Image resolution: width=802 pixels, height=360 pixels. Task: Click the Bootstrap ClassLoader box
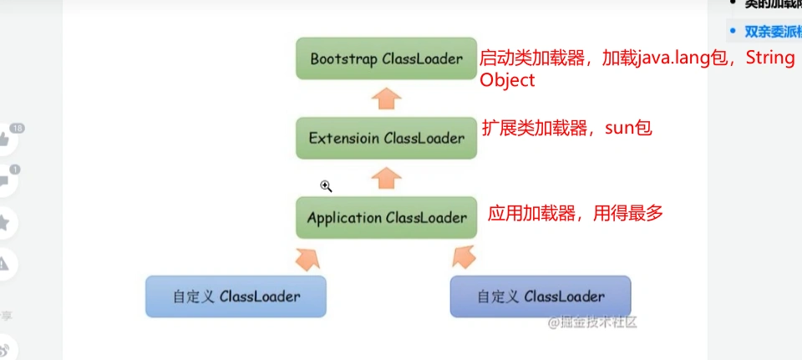[386, 58]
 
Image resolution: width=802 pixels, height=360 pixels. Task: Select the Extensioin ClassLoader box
[386, 138]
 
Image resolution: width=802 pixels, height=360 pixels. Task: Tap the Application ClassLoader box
[386, 218]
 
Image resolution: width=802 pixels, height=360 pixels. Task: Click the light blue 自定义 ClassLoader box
[236, 297]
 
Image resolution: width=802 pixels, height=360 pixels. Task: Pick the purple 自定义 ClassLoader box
[541, 297]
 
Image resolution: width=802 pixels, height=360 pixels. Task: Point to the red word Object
[507, 81]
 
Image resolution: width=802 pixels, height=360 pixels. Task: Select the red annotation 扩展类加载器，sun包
[566, 128]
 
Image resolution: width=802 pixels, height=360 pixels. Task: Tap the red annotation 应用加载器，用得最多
[575, 213]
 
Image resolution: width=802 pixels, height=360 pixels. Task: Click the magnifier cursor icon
[327, 185]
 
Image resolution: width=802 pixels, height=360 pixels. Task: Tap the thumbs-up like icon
[4, 139]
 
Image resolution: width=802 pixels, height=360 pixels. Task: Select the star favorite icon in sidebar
[4, 222]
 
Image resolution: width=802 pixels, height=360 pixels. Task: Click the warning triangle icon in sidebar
[4, 264]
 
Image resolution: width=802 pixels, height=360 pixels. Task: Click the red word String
[769, 59]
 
